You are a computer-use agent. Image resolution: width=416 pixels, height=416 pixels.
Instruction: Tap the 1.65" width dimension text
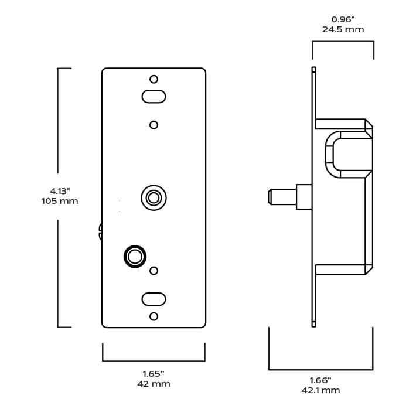click(154, 373)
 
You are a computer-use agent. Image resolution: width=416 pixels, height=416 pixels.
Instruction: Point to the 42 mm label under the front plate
click(154, 384)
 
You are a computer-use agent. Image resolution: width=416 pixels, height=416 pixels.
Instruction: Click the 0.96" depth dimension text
click(343, 19)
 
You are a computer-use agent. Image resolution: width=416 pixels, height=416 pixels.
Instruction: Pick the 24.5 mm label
click(343, 29)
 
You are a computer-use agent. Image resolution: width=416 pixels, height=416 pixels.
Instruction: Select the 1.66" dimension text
click(320, 380)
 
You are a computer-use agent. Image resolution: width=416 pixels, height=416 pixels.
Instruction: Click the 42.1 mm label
click(320, 390)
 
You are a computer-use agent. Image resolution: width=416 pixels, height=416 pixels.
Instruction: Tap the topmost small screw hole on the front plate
click(154, 79)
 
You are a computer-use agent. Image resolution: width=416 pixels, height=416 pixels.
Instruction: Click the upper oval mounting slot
click(154, 96)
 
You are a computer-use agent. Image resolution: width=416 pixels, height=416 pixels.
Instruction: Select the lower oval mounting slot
click(154, 299)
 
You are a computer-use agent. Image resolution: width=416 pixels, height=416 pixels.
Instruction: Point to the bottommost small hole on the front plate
click(154, 316)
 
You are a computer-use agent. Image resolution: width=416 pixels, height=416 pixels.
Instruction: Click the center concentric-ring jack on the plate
click(154, 197)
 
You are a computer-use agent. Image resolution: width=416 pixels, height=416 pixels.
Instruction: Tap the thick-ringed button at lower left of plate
click(135, 257)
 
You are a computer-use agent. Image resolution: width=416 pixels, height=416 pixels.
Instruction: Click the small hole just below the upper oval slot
click(154, 125)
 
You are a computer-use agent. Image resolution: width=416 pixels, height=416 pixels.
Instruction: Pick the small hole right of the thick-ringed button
click(154, 271)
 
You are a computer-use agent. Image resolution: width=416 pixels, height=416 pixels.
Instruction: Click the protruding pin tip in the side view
click(271, 196)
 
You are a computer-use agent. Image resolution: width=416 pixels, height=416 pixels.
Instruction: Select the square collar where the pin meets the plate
click(304, 196)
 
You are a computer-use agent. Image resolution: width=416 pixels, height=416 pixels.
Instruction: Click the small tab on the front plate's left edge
click(100, 231)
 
